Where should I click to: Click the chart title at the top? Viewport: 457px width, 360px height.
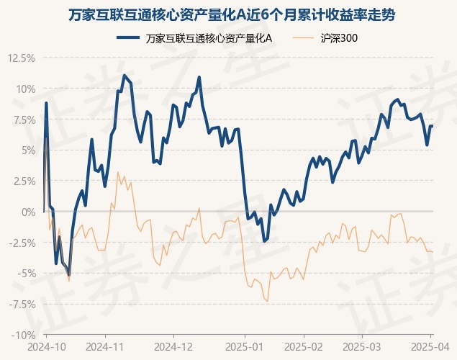[232, 15]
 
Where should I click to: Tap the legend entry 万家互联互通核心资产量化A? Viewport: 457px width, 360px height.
[194, 38]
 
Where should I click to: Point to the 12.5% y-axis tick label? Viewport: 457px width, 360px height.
[22, 58]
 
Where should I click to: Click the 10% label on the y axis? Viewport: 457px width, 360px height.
[26, 89]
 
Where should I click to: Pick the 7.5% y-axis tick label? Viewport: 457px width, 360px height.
[24, 120]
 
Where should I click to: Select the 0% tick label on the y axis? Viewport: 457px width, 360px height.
[29, 212]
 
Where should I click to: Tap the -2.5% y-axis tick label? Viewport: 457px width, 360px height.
[22, 243]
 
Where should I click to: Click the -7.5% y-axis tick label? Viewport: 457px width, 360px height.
[22, 305]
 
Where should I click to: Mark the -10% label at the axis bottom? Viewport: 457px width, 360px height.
[23, 336]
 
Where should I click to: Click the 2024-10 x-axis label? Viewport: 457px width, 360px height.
[47, 347]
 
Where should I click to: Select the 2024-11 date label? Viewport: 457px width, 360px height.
[105, 347]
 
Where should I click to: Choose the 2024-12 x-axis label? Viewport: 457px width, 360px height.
[173, 347]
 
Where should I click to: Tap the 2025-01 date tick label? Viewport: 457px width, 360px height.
[245, 347]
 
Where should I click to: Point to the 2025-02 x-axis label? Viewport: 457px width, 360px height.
[304, 347]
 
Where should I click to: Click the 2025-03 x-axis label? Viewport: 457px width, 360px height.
[362, 347]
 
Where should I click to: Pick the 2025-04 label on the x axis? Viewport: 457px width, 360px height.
[430, 347]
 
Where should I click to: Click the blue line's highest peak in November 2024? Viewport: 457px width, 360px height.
[125, 75]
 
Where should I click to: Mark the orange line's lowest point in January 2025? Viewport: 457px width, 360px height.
[267, 301]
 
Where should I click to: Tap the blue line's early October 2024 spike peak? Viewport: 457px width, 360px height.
[46, 103]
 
